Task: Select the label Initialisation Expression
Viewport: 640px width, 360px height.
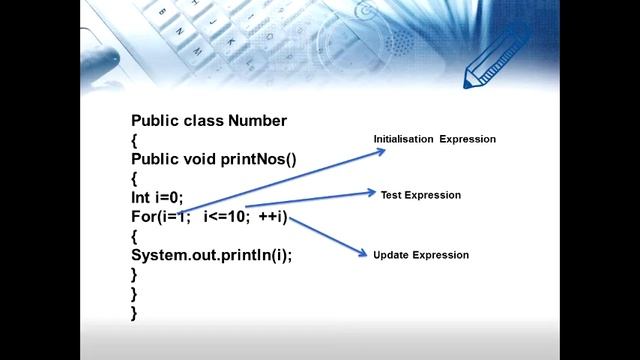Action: click(435, 139)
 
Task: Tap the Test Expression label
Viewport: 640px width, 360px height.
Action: click(421, 195)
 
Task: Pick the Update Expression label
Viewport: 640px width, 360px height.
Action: click(421, 255)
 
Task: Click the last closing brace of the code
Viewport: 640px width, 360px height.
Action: click(134, 312)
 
